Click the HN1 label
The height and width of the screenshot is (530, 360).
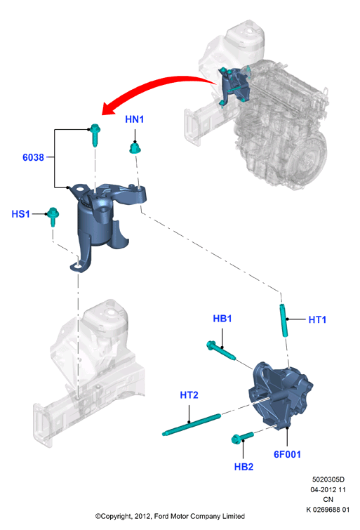(134, 119)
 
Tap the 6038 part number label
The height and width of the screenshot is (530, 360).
(33, 157)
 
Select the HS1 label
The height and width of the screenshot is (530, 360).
(20, 214)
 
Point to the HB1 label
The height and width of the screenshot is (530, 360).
(222, 319)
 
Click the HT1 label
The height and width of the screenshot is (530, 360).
(317, 319)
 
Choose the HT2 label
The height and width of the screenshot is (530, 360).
(189, 395)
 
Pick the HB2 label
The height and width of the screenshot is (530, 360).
(244, 467)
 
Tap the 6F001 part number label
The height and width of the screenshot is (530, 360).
(287, 454)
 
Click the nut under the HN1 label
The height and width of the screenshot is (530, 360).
(135, 148)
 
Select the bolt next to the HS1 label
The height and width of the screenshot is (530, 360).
(53, 216)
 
